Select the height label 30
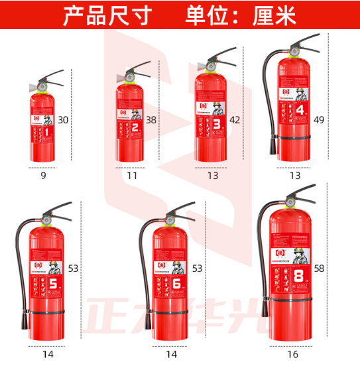(82, 120)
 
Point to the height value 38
(151, 120)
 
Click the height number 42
(234, 120)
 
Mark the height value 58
(320, 269)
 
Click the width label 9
(43, 176)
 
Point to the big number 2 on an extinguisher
(135, 127)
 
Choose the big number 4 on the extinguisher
(300, 109)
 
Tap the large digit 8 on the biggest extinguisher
(298, 274)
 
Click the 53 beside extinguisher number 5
(73, 269)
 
